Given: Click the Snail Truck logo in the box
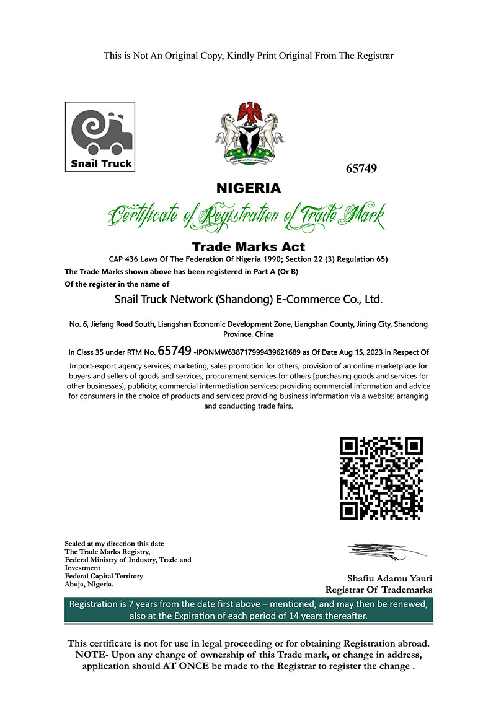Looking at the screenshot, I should tap(99, 137).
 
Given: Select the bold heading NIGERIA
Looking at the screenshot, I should tap(248, 188).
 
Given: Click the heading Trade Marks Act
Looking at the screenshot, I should tap(248, 247).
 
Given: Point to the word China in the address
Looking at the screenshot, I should tap(262, 334).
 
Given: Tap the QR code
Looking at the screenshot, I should tap(382, 478).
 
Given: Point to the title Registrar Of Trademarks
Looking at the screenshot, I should tap(378, 590).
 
